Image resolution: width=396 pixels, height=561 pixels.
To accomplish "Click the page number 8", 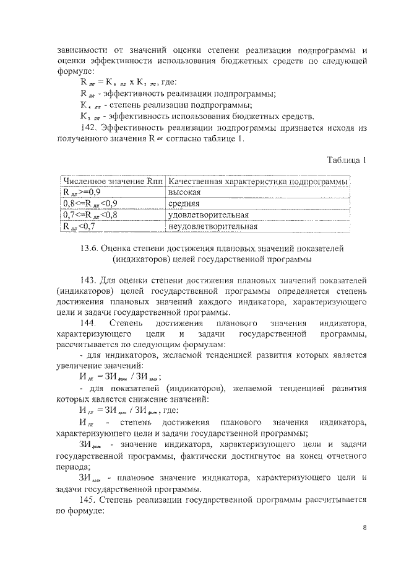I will [x=365, y=528].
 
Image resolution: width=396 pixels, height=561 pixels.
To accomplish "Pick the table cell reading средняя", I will [x=184, y=203].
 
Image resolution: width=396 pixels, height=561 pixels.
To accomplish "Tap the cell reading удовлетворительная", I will [x=208, y=214].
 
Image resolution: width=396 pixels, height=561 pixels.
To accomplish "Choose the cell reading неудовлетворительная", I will [x=212, y=226].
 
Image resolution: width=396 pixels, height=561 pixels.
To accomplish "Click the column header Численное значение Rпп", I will [x=113, y=181].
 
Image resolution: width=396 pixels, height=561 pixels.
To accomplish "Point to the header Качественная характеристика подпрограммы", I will [x=258, y=181].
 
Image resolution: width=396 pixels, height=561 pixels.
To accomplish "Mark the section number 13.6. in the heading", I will [x=100, y=247].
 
